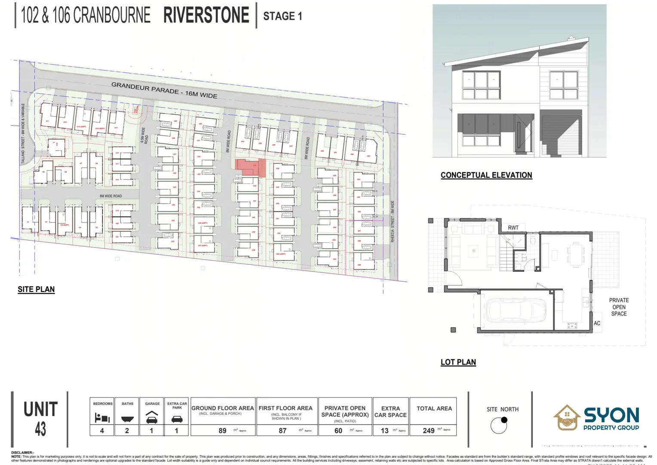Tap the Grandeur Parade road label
point(164,90)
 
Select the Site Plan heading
point(36,289)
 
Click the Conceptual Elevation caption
point(486,175)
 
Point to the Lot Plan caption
point(458,362)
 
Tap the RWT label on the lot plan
point(513,228)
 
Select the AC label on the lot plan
point(597,323)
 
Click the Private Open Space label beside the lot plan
point(619,307)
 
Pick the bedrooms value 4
point(102,430)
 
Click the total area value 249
point(428,431)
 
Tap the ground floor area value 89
point(222,431)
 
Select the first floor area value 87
point(282,431)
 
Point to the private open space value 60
point(338,431)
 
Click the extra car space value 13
point(384,431)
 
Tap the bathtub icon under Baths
point(127,418)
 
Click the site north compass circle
point(499,425)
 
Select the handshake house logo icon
point(567,418)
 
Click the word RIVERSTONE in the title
point(206,15)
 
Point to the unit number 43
point(40,429)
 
